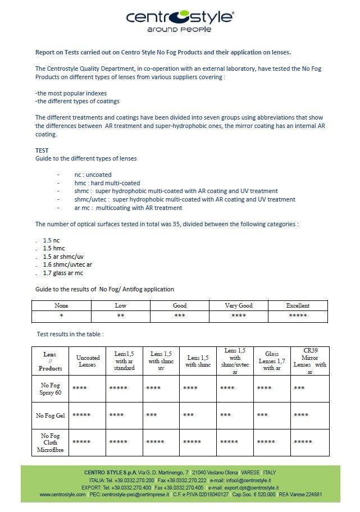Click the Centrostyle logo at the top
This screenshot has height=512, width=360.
tap(179, 17)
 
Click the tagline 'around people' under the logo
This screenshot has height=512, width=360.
tap(179, 29)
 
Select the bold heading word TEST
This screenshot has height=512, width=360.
tap(42, 150)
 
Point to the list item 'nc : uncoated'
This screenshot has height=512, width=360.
tap(93, 175)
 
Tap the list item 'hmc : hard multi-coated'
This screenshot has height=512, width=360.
tap(107, 183)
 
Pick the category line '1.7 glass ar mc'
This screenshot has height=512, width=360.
tap(63, 273)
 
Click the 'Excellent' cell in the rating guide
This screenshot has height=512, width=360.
tap(298, 306)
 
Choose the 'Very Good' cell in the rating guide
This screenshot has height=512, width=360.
tap(239, 306)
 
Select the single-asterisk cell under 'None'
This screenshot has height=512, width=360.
tap(61, 316)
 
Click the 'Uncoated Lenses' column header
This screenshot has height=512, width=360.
tap(88, 362)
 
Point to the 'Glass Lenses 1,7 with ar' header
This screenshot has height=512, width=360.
tap(272, 361)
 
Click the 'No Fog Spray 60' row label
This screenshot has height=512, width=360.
tap(50, 388)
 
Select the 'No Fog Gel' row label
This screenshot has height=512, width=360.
tap(50, 415)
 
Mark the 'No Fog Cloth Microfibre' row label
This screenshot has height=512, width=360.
tap(50, 442)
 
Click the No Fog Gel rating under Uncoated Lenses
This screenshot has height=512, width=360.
tap(81, 415)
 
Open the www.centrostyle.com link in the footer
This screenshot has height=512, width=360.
tap(62, 495)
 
